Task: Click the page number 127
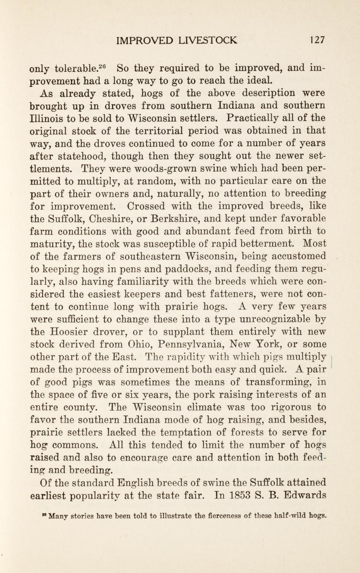(x=317, y=40)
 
